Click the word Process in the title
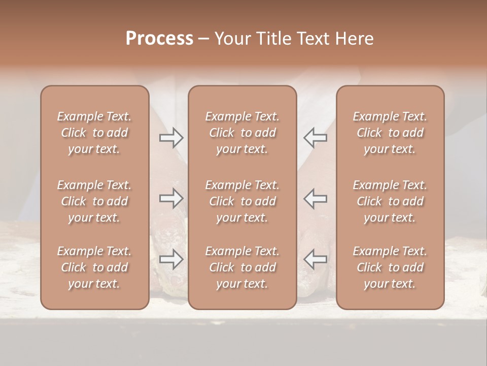tap(159, 39)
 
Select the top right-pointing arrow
tap(171, 138)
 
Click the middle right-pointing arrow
tap(171, 198)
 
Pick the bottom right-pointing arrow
tap(171, 259)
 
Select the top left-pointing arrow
tap(315, 138)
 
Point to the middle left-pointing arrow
tap(315, 198)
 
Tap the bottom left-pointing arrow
tap(315, 259)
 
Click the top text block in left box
tap(94, 133)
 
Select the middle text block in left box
tap(94, 201)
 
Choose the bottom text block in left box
tap(94, 267)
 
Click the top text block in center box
tap(242, 133)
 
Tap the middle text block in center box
tap(242, 201)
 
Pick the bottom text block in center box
tap(242, 267)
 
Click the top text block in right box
tap(390, 133)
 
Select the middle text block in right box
tap(390, 201)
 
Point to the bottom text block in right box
tap(390, 267)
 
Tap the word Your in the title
tap(231, 39)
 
